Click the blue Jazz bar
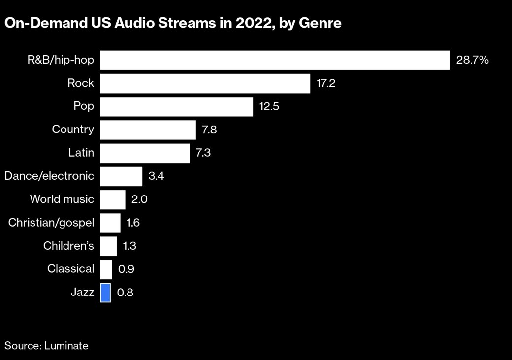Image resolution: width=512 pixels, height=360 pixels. point(105,293)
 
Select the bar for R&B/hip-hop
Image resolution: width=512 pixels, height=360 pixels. point(275,60)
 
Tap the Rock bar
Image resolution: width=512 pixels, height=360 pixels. point(205,83)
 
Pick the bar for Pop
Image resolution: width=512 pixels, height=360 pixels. point(177,106)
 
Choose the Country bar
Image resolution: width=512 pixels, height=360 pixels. point(148,130)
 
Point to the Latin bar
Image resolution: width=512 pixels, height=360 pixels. point(145,153)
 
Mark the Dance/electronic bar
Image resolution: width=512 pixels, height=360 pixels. point(121,176)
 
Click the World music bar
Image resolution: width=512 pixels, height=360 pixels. point(113,199)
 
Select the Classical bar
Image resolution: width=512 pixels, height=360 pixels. point(106,269)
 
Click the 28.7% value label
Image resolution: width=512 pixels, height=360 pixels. point(472,60)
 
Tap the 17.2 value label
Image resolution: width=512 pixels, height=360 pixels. point(325,83)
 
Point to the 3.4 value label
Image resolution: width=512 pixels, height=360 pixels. point(156,176)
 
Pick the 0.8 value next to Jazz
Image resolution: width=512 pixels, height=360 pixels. point(125,293)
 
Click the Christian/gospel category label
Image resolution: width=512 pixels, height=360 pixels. point(51,223)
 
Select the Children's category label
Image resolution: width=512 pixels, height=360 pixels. point(68,246)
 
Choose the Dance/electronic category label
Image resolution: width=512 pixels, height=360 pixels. point(49,176)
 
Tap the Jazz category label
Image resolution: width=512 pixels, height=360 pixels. point(82,292)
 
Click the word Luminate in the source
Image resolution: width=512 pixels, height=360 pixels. point(66,346)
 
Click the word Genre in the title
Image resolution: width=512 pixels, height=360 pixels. point(320,23)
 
